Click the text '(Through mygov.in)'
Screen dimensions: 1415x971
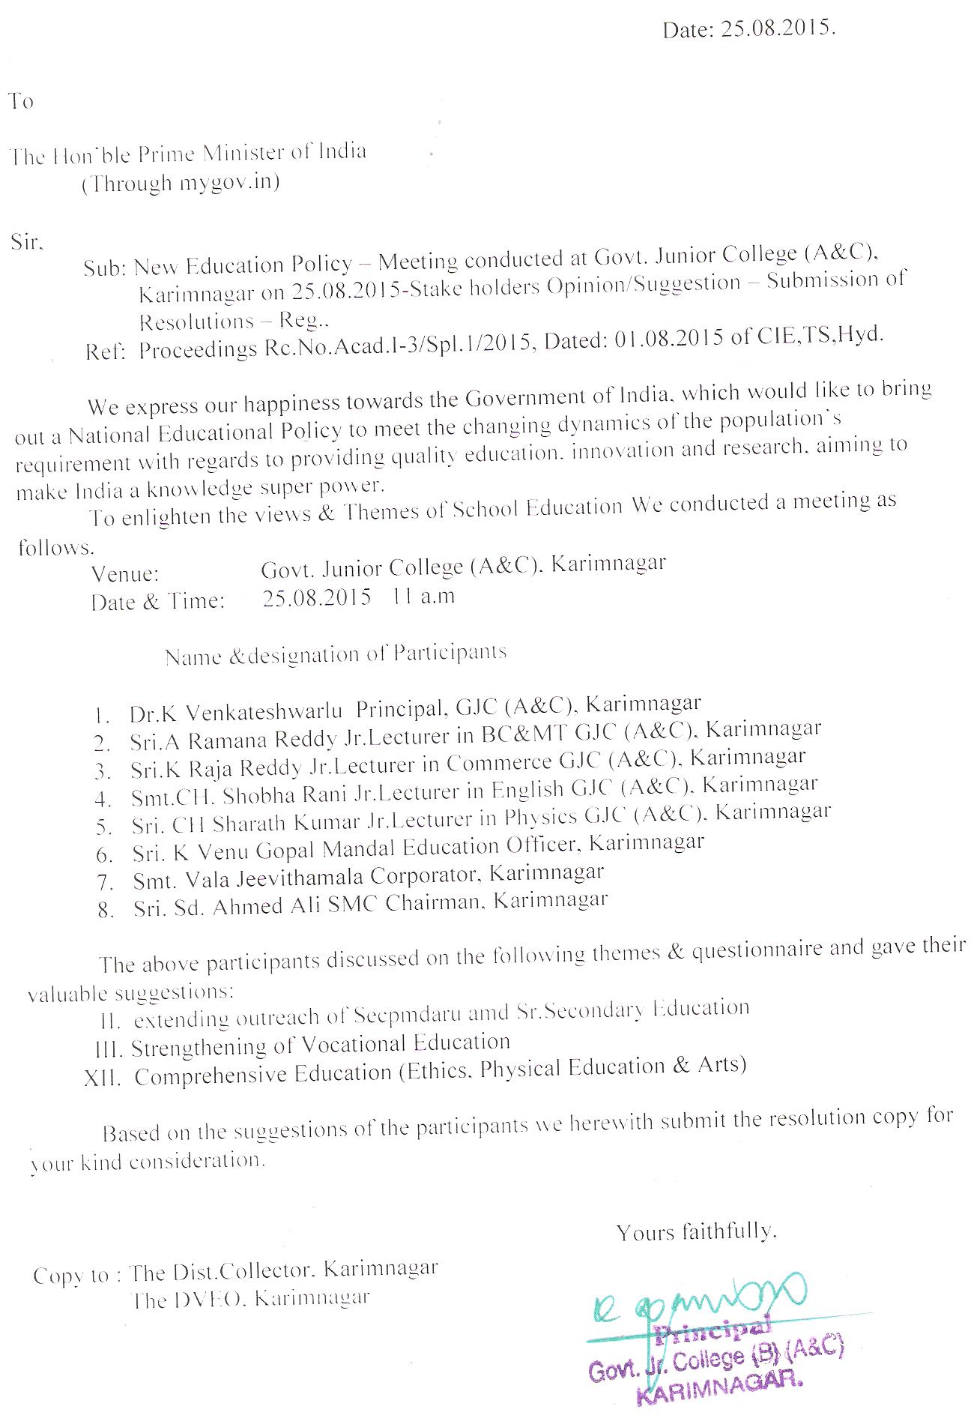coord(181,184)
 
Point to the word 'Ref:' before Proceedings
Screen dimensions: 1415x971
coord(105,352)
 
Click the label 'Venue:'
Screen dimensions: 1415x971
coord(125,575)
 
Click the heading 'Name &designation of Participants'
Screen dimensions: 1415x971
coord(336,654)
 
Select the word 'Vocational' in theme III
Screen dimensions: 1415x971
coord(366,1044)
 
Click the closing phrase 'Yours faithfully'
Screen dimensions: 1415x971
coord(696,1231)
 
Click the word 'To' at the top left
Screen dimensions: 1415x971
coord(22,101)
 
